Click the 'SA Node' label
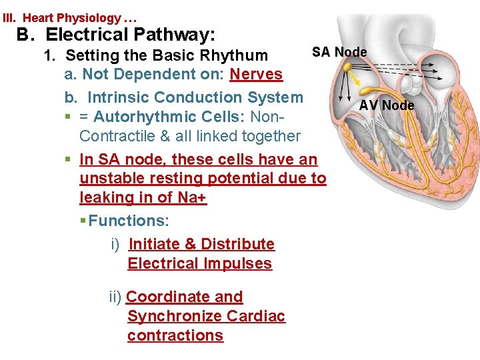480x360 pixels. [340, 52]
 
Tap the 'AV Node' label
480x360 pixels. [387, 105]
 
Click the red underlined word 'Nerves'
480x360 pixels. [256, 75]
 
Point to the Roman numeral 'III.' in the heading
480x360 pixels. [12, 17]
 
